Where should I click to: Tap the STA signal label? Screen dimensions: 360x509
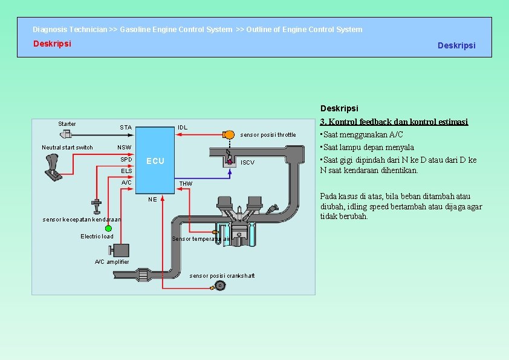pyautogui.click(x=125, y=128)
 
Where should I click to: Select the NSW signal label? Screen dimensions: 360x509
pyautogui.click(x=124, y=148)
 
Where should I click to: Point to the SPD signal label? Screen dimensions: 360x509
pyautogui.click(x=126, y=160)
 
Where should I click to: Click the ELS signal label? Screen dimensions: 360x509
pyautogui.click(x=126, y=171)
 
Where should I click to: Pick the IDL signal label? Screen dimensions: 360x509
pyautogui.click(x=183, y=128)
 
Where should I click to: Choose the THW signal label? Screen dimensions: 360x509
pyautogui.click(x=186, y=183)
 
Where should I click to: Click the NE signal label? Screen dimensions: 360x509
pyautogui.click(x=152, y=199)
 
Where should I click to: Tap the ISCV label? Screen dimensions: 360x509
pyautogui.click(x=248, y=163)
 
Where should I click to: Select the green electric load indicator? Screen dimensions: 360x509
pyautogui.click(x=109, y=228)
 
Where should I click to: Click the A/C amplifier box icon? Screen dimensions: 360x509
pyautogui.click(x=121, y=251)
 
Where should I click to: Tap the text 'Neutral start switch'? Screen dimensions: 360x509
pyautogui.click(x=67, y=148)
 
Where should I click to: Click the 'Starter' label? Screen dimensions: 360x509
pyautogui.click(x=67, y=124)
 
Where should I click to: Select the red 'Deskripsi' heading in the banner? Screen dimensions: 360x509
pyautogui.click(x=52, y=44)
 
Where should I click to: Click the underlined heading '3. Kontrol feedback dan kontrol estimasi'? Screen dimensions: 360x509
pyautogui.click(x=394, y=122)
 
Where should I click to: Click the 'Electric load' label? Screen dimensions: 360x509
pyautogui.click(x=97, y=236)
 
